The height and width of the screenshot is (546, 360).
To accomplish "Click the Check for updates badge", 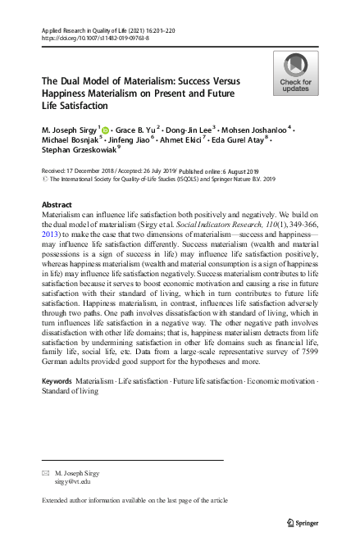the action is (295, 73).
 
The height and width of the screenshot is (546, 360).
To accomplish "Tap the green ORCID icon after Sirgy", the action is (108, 130).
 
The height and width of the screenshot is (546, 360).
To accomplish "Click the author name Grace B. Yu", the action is (137, 130).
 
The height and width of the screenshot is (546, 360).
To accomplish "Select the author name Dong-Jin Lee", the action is (191, 130).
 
